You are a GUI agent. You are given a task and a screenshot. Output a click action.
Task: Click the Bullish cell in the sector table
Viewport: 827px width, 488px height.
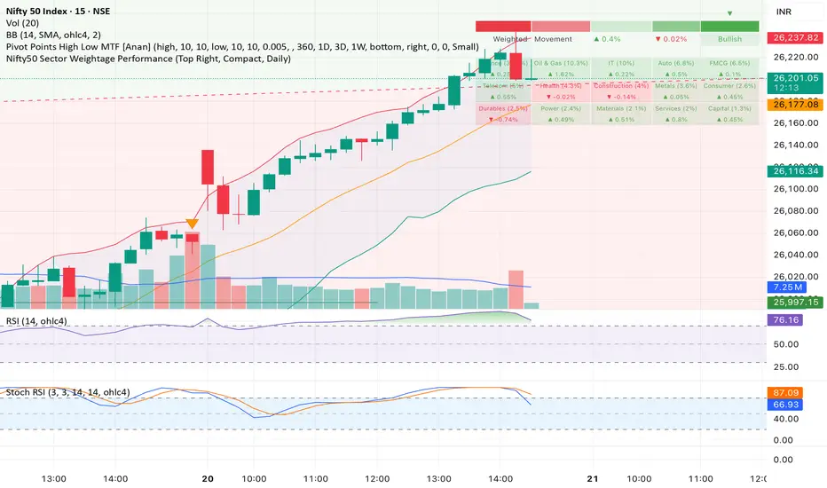729,40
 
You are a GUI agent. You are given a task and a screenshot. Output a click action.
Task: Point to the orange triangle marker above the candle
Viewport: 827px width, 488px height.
192,224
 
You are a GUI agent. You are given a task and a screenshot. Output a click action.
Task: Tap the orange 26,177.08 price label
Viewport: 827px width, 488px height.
796,105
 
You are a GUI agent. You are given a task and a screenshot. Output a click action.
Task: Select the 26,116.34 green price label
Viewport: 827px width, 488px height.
796,170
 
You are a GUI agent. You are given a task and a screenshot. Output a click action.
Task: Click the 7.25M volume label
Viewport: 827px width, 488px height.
789,288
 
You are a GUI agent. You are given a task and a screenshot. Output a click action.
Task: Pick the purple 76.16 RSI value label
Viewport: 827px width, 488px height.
789,320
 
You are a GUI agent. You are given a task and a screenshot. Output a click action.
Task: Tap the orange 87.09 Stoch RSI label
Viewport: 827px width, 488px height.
789,391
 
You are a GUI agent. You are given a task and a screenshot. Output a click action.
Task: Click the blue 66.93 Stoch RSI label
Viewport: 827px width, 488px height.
789,405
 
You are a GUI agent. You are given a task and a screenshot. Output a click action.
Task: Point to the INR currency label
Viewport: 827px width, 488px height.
785,12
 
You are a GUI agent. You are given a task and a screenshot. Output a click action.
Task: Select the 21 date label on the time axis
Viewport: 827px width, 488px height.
592,477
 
